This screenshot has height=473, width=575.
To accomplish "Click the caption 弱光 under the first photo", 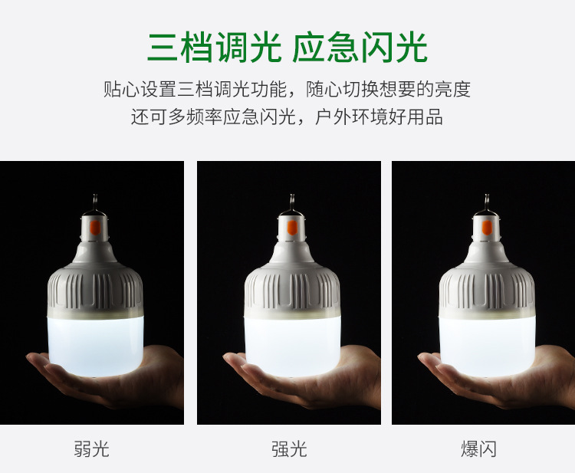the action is coord(92,448).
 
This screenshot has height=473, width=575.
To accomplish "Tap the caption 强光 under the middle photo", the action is coord(289,448).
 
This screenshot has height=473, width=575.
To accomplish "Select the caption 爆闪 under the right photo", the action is coord(478,448).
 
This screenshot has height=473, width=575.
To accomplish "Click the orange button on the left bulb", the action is coord(95,228).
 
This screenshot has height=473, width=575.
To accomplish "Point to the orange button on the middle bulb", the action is coord(292,228).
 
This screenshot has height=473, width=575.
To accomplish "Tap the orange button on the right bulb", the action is coord(487,228).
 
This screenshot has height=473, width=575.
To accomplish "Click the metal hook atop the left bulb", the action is coord(95,202).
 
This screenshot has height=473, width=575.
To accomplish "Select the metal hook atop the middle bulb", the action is coord(292,202).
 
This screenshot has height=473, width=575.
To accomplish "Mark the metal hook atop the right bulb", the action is coord(487,202).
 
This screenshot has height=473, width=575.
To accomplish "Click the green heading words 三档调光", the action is coord(215,48).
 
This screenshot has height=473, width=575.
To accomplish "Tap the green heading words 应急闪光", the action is coord(360,48).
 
